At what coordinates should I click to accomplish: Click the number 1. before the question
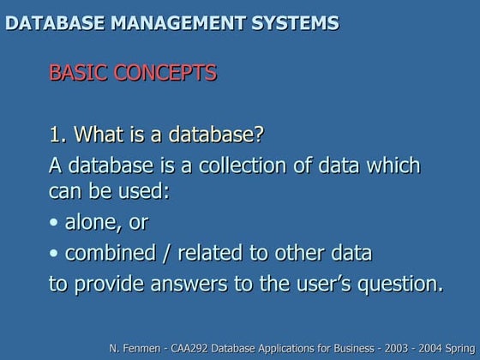(58, 135)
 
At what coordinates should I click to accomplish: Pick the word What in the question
(98, 135)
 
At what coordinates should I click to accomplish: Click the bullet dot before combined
(54, 254)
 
